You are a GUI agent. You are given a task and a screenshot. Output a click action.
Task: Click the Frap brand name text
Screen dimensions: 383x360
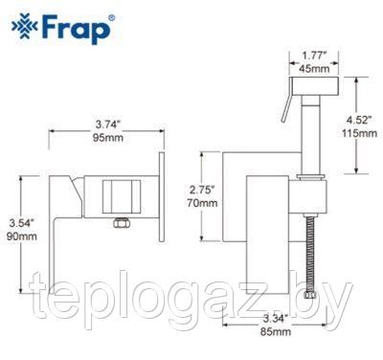tap(77, 29)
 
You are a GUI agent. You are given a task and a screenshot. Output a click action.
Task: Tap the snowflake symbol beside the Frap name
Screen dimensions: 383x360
tap(25, 26)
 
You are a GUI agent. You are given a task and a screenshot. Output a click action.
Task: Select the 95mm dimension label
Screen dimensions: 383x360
tap(108, 138)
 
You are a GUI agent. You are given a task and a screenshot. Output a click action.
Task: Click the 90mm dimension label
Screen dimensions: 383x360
tap(22, 236)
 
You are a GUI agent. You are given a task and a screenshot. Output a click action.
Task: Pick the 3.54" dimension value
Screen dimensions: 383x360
tap(22, 223)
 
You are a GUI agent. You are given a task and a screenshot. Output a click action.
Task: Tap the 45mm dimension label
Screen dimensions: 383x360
tap(314, 68)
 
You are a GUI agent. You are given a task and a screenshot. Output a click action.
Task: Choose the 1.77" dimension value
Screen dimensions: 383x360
tap(314, 56)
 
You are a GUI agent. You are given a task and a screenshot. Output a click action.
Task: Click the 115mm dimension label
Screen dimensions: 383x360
tap(359, 133)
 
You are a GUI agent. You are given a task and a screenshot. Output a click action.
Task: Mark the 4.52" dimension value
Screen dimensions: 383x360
tap(359, 120)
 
